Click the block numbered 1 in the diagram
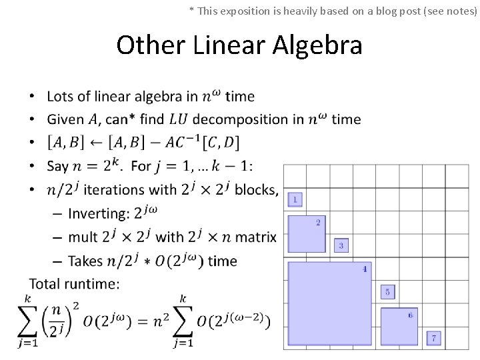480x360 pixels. pos(295,199)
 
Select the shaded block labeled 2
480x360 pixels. pos(306,233)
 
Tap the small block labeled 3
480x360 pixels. pos(341,245)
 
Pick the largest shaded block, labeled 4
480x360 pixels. pos(329,303)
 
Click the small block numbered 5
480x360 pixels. pos(387,292)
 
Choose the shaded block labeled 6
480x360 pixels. pos(399,326)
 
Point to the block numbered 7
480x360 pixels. pos(434,339)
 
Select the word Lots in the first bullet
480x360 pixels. pos(61,96)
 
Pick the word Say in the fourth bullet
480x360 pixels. pos(57,165)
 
